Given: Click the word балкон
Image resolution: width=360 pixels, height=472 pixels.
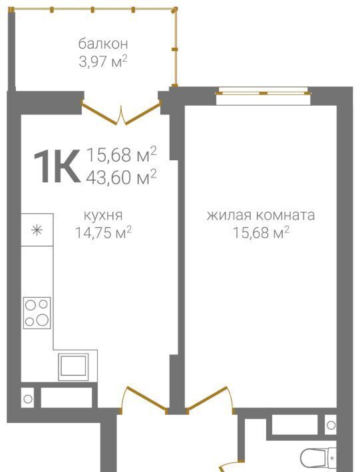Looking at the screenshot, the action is pos(103,44).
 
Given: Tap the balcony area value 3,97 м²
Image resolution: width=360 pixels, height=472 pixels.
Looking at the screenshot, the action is pos(103,61).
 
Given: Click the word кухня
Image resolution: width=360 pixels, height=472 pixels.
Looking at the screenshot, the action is pos(103,216).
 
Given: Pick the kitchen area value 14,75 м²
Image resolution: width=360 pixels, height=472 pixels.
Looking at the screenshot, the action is pos(103,233).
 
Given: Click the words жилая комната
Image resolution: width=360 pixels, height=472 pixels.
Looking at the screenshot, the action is pos(261,215).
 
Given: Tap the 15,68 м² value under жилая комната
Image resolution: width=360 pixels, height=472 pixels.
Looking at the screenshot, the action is pos(262,233).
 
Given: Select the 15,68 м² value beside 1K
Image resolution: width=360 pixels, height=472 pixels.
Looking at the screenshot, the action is pos(121,154).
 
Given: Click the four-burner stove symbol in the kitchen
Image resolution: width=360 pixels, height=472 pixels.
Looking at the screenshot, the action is pos(37,313).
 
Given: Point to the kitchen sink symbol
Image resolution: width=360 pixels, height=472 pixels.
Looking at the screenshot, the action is pos(73,366).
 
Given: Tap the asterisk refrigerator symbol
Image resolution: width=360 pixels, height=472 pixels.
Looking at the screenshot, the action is pos(37,230).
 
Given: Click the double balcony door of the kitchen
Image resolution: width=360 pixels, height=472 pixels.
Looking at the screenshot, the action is pos(121,114).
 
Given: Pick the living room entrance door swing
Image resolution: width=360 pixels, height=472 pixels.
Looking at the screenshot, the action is pos(210,399).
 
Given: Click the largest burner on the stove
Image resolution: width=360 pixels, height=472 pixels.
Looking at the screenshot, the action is pos(43,320).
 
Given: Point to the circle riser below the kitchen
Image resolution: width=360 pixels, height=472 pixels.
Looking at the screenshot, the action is pos(28,399).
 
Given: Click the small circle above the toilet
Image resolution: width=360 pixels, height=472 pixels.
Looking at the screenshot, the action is pos(331,425).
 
